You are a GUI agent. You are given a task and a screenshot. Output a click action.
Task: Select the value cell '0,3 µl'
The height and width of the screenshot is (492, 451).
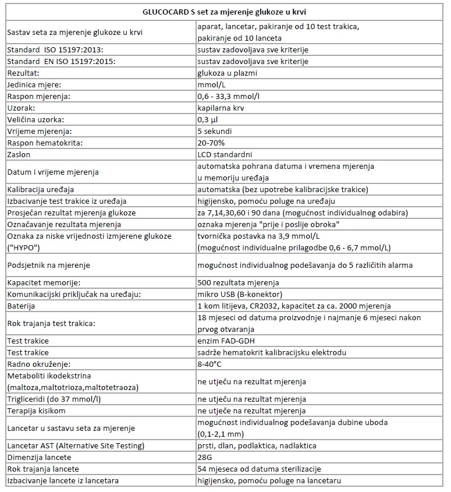[x=209, y=119]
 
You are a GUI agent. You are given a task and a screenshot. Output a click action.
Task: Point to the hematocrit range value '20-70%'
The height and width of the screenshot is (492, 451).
[x=211, y=143]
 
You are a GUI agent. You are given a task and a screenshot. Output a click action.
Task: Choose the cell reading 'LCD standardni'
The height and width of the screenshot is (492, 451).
[x=225, y=154]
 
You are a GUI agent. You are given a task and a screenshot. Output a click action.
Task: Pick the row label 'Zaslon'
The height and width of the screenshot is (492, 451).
[x=19, y=154]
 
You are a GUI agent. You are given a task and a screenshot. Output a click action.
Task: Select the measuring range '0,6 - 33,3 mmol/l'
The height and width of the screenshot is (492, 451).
[x=229, y=97]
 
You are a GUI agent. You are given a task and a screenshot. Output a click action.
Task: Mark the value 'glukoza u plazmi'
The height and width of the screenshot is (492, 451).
[x=227, y=73]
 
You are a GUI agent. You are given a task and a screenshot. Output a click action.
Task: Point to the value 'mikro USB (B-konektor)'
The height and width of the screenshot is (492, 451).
[x=240, y=294]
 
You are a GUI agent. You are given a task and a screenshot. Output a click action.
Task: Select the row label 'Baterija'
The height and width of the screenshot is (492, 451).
[x=21, y=306]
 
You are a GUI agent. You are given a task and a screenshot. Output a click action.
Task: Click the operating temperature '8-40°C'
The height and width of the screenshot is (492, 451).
[x=210, y=364]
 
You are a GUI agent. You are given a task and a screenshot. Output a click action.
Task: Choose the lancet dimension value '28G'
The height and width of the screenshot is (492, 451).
[x=205, y=457]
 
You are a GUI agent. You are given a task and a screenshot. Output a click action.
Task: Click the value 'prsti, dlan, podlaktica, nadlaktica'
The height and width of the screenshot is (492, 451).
[x=257, y=445]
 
